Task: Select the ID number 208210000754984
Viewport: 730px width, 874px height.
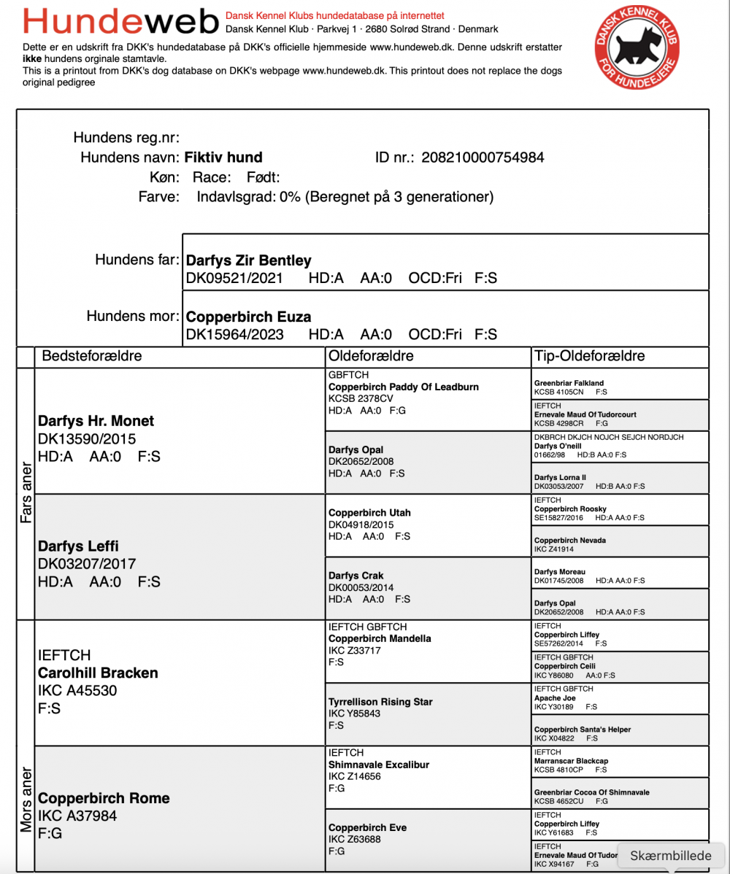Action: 483,158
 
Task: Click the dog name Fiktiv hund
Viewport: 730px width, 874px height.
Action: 223,158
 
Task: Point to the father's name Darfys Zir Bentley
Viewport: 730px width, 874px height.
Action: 249,260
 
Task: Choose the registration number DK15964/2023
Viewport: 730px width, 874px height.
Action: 235,334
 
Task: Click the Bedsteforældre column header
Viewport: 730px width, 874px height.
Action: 92,356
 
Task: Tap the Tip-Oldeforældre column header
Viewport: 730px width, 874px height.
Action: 590,356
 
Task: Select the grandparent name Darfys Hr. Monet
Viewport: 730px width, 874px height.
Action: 96,421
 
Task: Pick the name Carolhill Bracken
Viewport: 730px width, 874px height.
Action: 98,673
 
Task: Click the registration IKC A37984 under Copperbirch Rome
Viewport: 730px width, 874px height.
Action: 77,816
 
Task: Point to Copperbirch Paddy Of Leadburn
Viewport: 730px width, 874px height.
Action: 404,387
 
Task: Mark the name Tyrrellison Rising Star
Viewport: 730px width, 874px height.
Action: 380,702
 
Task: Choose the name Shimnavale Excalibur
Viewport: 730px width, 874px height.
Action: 379,765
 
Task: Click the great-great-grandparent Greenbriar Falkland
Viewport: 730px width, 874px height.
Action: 569,382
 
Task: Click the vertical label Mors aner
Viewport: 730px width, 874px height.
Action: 26,799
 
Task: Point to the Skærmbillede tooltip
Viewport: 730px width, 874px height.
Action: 670,856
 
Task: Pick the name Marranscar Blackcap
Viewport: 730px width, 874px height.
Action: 571,761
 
